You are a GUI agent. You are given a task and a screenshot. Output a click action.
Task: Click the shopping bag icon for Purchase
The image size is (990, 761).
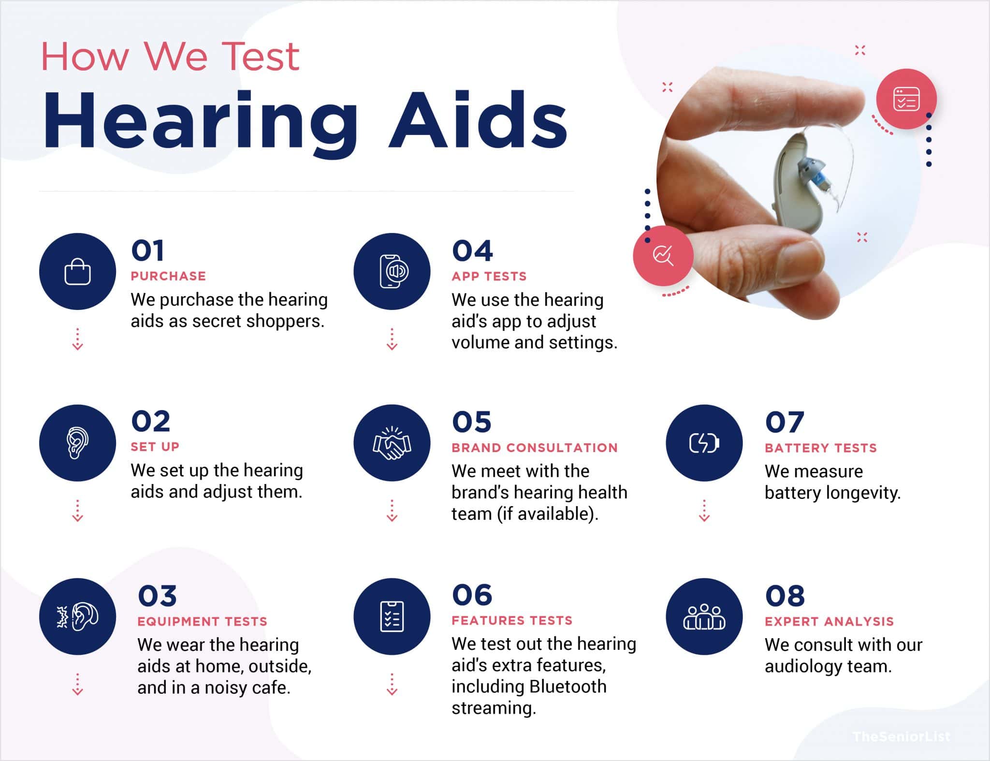(77, 272)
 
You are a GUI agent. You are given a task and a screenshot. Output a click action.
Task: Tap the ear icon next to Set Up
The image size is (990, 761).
(77, 443)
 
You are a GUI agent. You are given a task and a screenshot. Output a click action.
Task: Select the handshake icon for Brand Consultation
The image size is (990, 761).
(392, 443)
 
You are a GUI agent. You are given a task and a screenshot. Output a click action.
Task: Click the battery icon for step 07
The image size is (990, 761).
(704, 443)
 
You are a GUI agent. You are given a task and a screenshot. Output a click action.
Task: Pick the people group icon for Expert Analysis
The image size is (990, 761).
(704, 617)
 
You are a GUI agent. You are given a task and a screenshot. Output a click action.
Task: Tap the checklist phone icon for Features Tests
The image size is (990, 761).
(392, 617)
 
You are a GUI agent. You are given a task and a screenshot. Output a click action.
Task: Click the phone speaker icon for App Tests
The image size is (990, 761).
(392, 272)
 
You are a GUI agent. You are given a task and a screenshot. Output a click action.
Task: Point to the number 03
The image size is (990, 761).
(157, 596)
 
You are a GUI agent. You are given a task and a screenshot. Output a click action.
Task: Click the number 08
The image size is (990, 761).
(785, 596)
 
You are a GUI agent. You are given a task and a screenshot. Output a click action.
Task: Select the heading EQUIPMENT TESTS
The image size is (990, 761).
(202, 621)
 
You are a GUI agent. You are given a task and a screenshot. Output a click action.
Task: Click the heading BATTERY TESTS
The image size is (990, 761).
(820, 448)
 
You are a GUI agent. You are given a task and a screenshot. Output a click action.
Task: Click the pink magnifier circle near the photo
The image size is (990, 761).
(663, 255)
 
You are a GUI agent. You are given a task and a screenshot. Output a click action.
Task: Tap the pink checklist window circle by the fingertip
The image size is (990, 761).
(906, 99)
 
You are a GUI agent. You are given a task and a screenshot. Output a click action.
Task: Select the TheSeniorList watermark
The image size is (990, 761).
(901, 737)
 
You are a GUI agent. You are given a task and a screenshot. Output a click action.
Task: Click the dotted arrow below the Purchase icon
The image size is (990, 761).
(77, 339)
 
